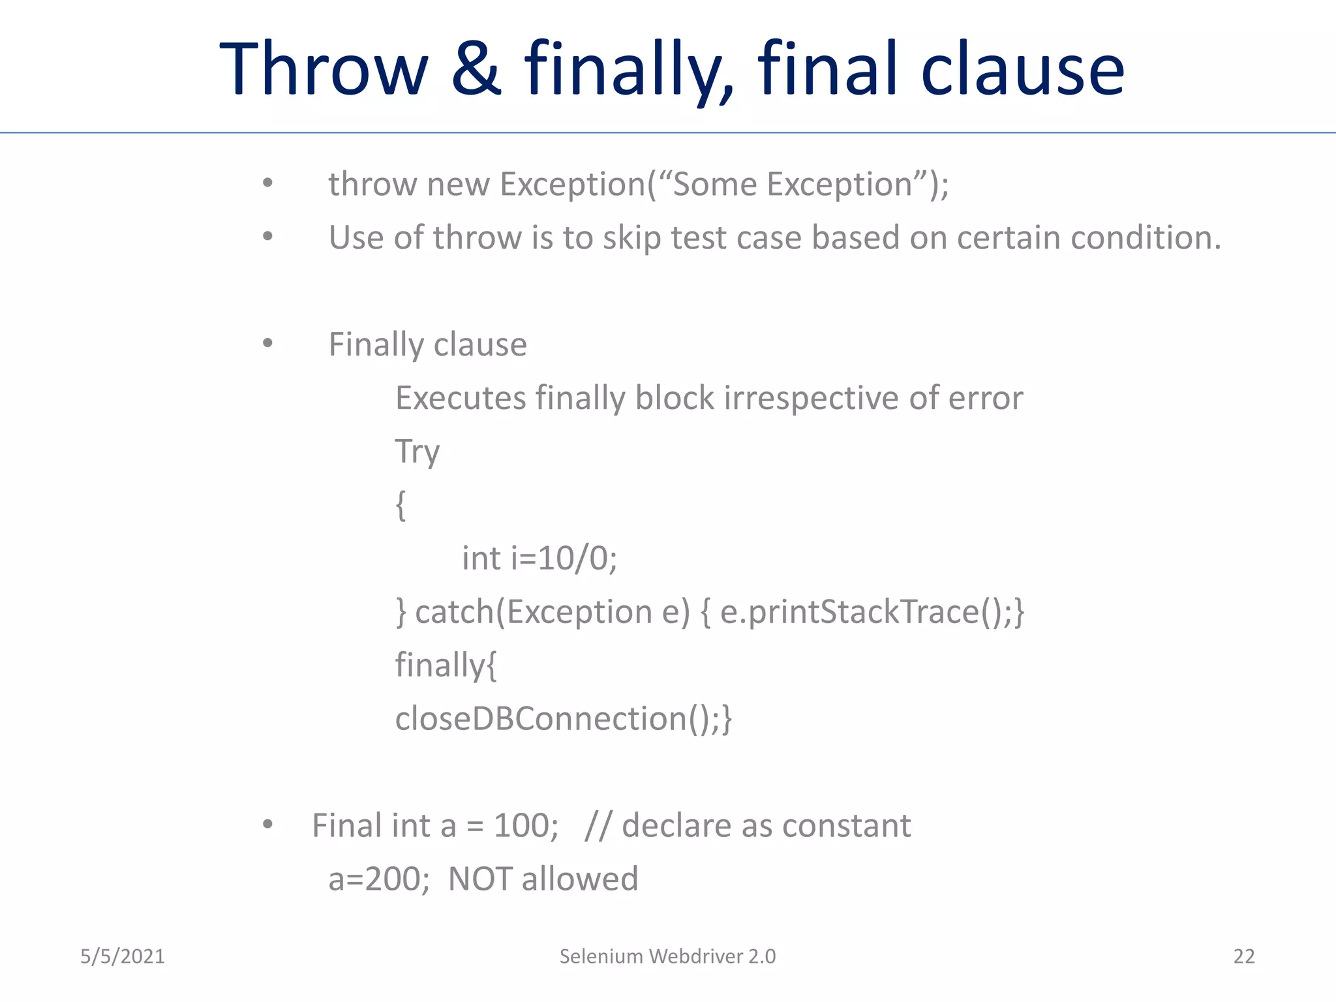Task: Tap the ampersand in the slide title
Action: tap(476, 69)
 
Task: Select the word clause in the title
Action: tap(1022, 69)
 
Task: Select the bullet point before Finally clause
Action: tap(267, 343)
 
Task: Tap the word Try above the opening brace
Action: tap(417, 452)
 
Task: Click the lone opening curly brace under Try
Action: tap(401, 506)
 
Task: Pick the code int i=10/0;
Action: tap(539, 558)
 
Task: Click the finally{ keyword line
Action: tap(446, 665)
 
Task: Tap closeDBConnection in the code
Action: tap(541, 719)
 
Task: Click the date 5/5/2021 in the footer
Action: tap(123, 956)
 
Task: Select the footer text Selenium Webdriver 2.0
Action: tap(667, 956)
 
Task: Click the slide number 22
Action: tap(1243, 956)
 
